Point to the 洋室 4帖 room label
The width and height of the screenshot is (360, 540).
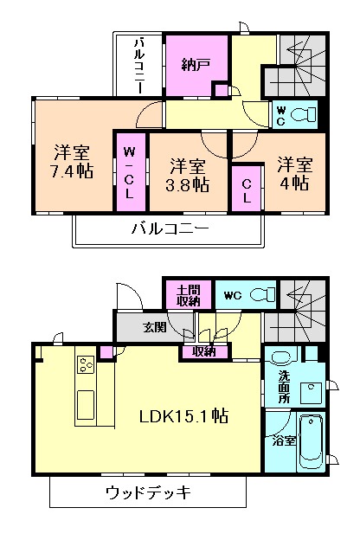[x=294, y=172]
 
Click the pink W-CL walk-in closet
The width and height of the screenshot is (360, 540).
[x=130, y=171]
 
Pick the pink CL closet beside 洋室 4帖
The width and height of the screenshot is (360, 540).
[x=246, y=189]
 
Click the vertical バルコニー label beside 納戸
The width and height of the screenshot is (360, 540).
[x=138, y=65]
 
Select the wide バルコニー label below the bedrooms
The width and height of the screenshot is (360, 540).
[x=170, y=229]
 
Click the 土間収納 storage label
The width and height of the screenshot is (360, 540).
[x=189, y=296]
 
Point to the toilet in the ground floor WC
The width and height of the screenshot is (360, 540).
[x=260, y=295]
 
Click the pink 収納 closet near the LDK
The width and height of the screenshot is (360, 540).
[x=204, y=351]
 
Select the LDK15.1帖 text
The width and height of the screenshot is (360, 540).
[x=184, y=416]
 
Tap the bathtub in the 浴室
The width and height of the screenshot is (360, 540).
[x=310, y=442]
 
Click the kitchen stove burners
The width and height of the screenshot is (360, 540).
[x=87, y=365]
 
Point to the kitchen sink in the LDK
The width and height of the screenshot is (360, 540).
[x=87, y=402]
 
